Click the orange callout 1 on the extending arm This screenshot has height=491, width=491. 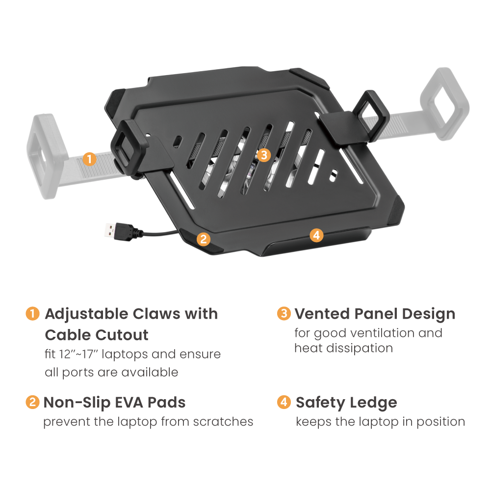pos(89,159)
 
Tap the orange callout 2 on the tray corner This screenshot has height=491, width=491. pos(204,239)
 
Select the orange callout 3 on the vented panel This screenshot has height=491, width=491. pos(264,155)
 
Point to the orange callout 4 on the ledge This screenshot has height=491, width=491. pos(316,235)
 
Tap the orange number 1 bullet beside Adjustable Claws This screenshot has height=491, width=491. pos(32,314)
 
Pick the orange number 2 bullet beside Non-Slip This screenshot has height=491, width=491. pos(32,402)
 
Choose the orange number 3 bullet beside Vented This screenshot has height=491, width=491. pos(284,314)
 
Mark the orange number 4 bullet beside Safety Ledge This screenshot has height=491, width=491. pos(284,402)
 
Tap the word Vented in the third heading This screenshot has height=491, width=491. pos(322,314)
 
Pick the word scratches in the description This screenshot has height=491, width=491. pos(223,422)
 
